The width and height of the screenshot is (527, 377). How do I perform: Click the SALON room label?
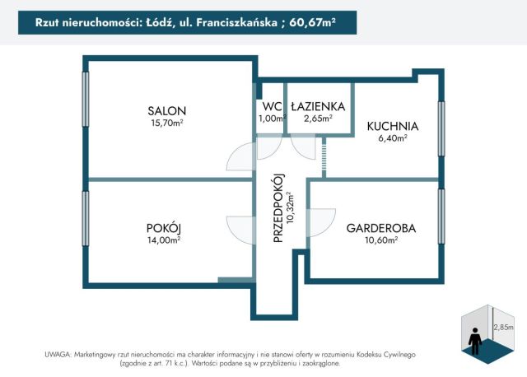pyautogui.click(x=166, y=111)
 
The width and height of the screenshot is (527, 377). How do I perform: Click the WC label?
pyautogui.click(x=271, y=106)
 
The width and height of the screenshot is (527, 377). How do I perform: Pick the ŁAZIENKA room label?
pyautogui.click(x=317, y=106)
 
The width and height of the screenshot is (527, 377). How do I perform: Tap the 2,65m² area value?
pyautogui.click(x=317, y=119)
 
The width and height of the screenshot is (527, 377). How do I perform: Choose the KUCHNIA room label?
pyautogui.click(x=393, y=127)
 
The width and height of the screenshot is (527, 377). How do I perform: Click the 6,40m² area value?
pyautogui.click(x=393, y=139)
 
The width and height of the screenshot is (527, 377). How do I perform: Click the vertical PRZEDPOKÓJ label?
pyautogui.click(x=278, y=209)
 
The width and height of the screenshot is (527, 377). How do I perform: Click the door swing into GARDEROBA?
pyautogui.click(x=322, y=220)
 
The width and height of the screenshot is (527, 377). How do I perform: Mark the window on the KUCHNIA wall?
pyautogui.click(x=441, y=128)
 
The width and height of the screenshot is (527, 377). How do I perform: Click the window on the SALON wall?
pyautogui.click(x=85, y=99)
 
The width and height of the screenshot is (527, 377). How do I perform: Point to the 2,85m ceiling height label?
pyautogui.click(x=503, y=327)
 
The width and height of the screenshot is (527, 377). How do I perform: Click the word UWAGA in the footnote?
pyautogui.click(x=58, y=353)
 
